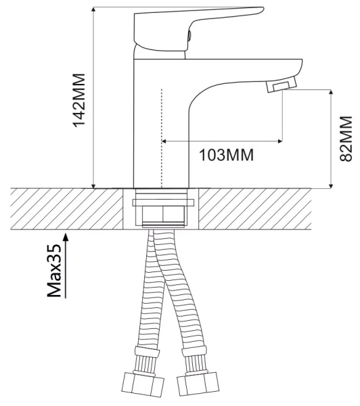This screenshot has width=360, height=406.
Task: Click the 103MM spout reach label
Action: coord(225,155)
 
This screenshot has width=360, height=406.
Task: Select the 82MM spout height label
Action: coord(345,138)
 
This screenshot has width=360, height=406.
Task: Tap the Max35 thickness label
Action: coord(55,271)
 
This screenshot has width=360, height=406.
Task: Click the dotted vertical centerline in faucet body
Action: coord(163,135)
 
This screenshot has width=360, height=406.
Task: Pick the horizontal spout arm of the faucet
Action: coord(244,68)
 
